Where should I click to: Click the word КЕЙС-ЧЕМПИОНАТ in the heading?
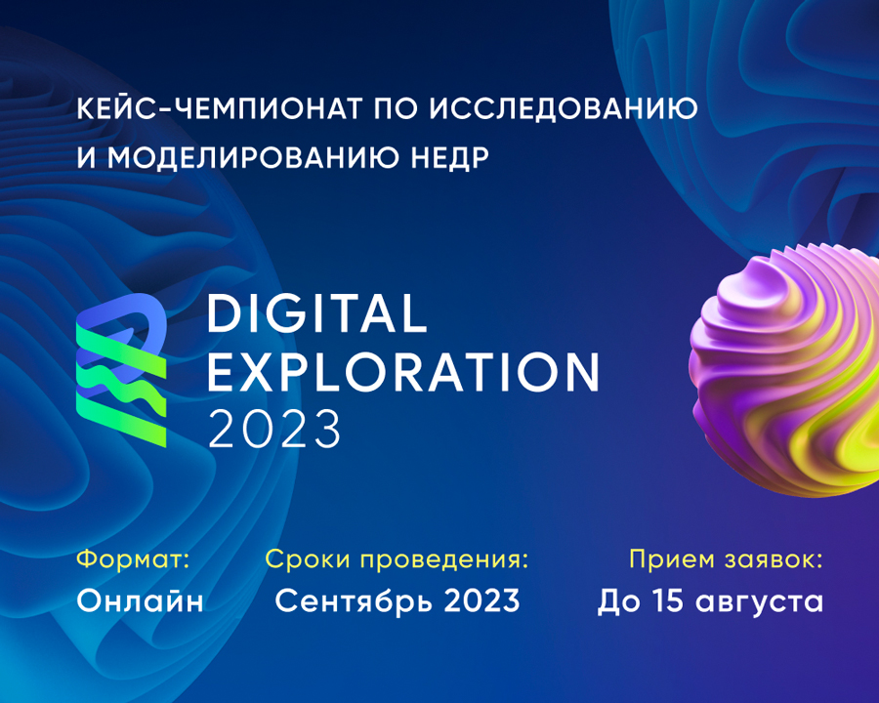tap(219, 108)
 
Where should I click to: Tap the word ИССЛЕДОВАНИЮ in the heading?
tap(564, 108)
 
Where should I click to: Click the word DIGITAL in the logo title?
tap(317, 313)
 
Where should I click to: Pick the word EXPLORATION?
tap(403, 372)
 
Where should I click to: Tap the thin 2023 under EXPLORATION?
tap(274, 429)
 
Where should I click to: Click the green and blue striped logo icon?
tap(121, 370)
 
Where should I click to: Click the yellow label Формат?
tap(134, 558)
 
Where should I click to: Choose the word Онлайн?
tap(140, 600)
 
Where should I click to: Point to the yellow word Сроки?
tap(308, 559)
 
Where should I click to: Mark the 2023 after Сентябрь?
tap(482, 600)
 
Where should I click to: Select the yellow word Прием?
tap(672, 558)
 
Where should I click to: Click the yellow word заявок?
tap(774, 559)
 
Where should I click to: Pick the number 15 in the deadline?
tap(668, 600)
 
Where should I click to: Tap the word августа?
tap(760, 602)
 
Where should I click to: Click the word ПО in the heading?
tap(396, 108)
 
